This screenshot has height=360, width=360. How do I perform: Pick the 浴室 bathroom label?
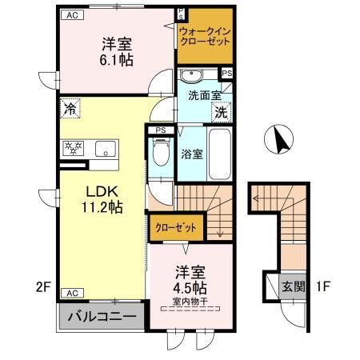pyautogui.click(x=190, y=153)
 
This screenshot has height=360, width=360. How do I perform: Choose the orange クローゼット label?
pyautogui.click(x=176, y=227)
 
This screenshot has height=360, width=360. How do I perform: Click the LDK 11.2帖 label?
pyautogui.click(x=102, y=199)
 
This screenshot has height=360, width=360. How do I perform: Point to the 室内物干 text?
pyautogui.click(x=189, y=302)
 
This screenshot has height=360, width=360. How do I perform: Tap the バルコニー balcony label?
pyautogui.click(x=99, y=315)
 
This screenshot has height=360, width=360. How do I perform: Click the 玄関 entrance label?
pyautogui.click(x=293, y=286)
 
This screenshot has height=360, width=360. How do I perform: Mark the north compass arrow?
pyautogui.click(x=280, y=141)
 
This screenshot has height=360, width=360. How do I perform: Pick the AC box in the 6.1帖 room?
pyautogui.click(x=72, y=14)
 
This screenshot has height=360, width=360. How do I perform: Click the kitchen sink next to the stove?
pyautogui.click(x=105, y=149)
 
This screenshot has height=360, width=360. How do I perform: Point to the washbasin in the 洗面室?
pyautogui.click(x=193, y=77)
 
